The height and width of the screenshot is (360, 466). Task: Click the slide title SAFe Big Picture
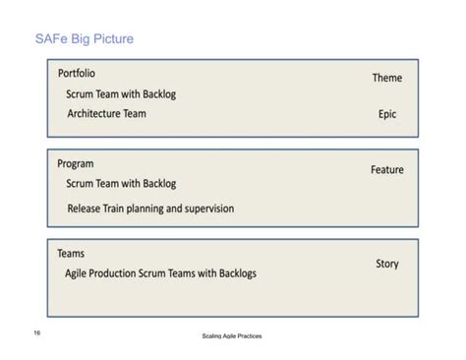coord(83,39)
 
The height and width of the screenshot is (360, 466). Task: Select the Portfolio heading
coord(77,74)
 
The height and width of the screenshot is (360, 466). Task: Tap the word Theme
coord(386,78)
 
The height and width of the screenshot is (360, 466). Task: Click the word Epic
coord(387,114)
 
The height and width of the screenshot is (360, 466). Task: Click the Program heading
coord(76,164)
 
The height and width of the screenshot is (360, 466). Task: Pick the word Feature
coord(386,169)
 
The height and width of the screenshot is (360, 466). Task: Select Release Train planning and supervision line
coord(150,209)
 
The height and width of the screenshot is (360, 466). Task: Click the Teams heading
coord(71,254)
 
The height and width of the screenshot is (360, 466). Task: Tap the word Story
coord(387,264)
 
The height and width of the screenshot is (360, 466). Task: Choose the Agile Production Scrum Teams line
coord(160,273)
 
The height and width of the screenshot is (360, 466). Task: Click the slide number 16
coord(36,332)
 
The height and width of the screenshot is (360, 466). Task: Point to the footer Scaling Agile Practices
coord(231,336)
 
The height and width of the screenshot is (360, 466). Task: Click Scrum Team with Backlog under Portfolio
coord(121,94)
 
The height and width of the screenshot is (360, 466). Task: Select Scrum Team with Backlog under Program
coord(121,184)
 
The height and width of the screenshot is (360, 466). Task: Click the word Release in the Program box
coord(87,209)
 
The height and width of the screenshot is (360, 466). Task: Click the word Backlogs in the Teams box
coord(232,273)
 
